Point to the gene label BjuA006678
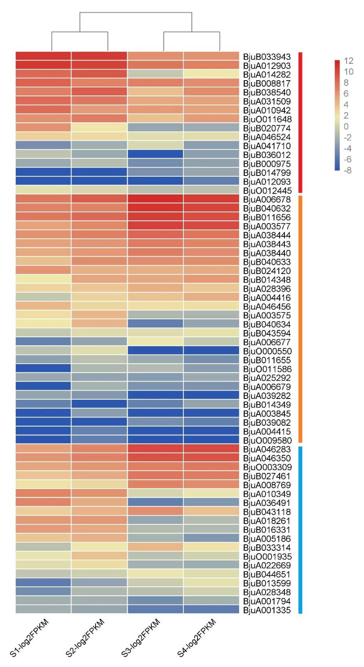pos(267,199)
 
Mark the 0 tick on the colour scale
pos(346,127)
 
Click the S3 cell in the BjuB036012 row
pos(155,155)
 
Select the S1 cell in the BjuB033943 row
pos(43,56)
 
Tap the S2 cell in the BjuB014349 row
pos(99,404)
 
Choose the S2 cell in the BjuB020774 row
pos(99,128)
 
